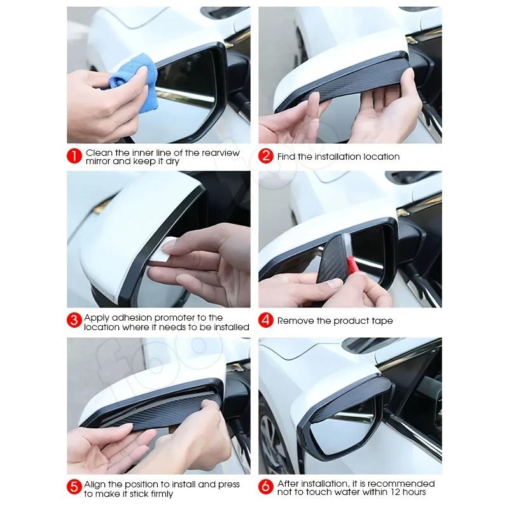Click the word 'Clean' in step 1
pos(99,153)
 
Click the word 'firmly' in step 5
pos(161,494)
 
